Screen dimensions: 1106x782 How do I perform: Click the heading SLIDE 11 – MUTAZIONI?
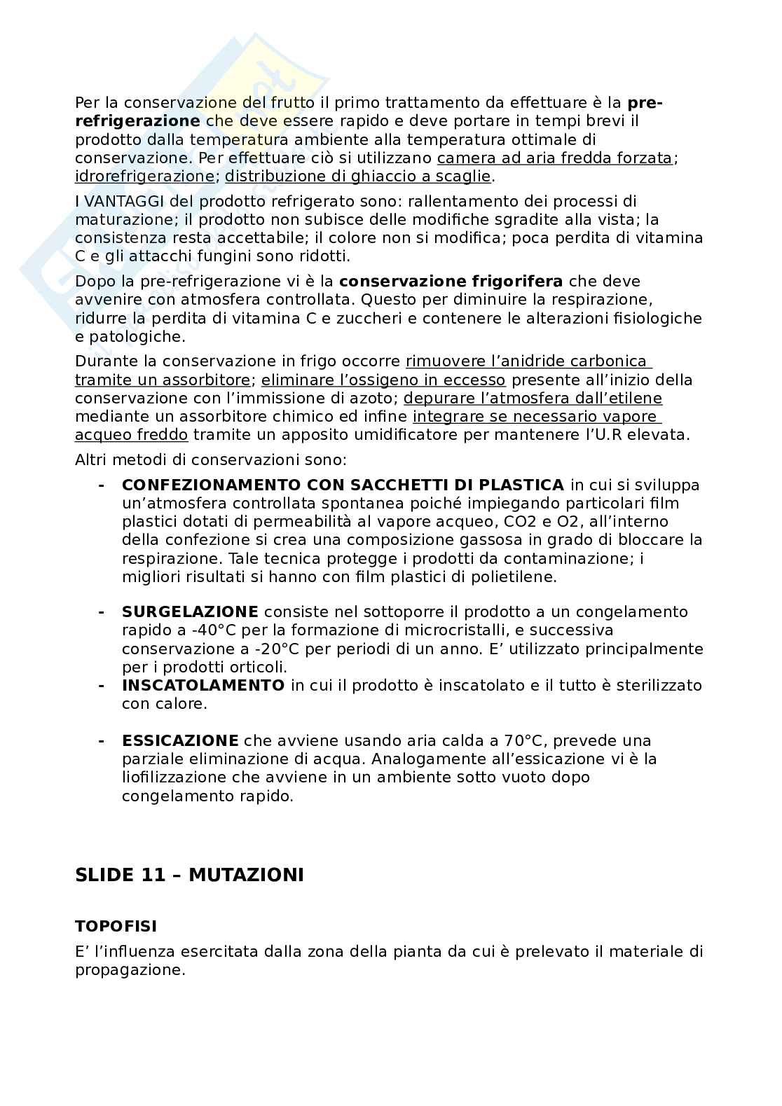tap(189, 875)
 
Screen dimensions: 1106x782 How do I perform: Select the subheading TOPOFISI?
tap(116, 926)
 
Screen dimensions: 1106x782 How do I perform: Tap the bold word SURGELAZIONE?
tap(190, 612)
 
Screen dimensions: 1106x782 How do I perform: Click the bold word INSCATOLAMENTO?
tap(203, 685)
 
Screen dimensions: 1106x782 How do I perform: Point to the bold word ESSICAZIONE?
tap(180, 740)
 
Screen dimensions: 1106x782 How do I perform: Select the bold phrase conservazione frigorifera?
tap(451, 282)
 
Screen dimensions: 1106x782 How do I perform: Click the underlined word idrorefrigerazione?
tap(144, 177)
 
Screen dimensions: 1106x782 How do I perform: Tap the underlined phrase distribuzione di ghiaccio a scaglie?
tap(357, 177)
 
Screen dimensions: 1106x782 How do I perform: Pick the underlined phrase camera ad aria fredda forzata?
tap(554, 158)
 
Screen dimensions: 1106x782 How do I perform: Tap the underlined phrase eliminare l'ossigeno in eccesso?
tap(383, 380)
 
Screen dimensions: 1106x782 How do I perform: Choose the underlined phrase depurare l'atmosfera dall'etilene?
tap(533, 398)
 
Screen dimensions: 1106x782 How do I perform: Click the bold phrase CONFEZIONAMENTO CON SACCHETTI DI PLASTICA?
tap(343, 485)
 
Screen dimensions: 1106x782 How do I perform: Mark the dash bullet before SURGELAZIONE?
tap(102, 612)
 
